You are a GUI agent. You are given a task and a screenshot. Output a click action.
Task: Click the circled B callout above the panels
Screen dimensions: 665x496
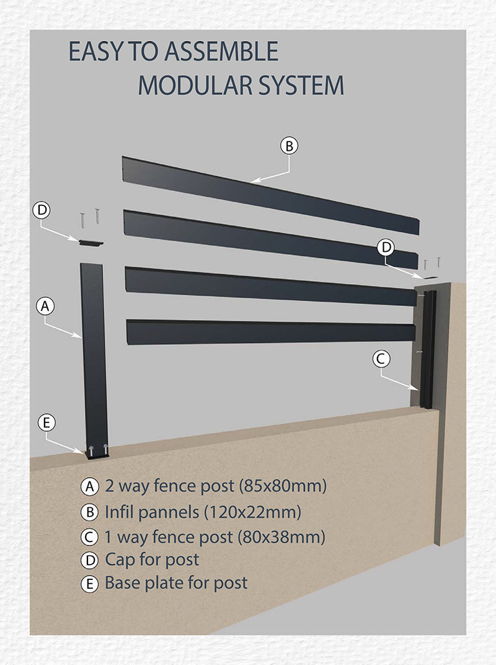(x=289, y=146)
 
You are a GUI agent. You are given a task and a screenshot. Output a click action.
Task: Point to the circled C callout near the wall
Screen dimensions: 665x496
(x=381, y=358)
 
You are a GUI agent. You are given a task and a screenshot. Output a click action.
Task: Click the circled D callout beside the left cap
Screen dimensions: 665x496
(x=42, y=210)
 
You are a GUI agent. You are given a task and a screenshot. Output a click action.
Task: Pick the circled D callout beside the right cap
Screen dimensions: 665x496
(x=386, y=248)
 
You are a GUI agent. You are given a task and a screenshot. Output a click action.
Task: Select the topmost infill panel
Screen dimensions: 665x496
(x=267, y=192)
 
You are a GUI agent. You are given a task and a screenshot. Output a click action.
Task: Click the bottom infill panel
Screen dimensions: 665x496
(x=270, y=331)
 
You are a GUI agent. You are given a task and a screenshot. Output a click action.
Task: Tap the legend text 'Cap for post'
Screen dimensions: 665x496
(x=152, y=560)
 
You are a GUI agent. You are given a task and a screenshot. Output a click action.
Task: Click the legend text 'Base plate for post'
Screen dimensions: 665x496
(x=175, y=583)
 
